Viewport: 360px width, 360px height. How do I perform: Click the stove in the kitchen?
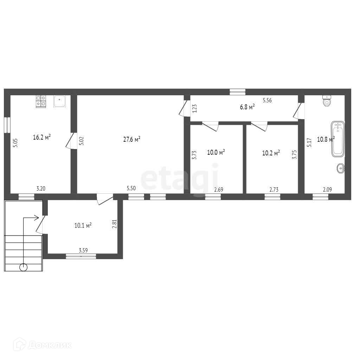coord(41,101)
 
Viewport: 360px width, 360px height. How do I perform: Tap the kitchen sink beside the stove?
coord(60,101)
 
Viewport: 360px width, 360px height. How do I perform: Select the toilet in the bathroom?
coord(327,101)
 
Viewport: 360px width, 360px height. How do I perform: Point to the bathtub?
coord(338,139)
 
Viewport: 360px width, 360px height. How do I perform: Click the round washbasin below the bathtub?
coord(341,168)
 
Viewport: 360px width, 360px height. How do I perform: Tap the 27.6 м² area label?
coord(132,139)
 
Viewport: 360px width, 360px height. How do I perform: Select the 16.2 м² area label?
coord(42,137)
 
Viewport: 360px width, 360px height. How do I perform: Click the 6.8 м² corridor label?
coord(247,107)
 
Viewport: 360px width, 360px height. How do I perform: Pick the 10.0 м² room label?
coord(216,152)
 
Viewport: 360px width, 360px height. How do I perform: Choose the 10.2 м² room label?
coord(271,153)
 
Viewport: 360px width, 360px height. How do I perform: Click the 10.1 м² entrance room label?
coord(83,225)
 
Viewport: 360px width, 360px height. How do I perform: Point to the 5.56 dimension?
coord(267,100)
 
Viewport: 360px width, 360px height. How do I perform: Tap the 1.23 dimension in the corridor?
coord(194,108)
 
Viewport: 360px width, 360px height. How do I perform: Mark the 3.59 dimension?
coord(83,250)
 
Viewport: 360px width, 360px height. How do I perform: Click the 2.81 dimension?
coord(114,224)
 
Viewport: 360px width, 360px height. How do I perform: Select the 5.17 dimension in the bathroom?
coord(309,142)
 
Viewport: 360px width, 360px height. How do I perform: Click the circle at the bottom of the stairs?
coord(24,267)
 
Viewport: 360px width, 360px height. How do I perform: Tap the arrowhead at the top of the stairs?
coord(37,218)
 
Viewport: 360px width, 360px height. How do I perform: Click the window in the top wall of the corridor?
coord(238,92)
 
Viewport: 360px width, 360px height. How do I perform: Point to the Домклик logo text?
coord(50,345)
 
